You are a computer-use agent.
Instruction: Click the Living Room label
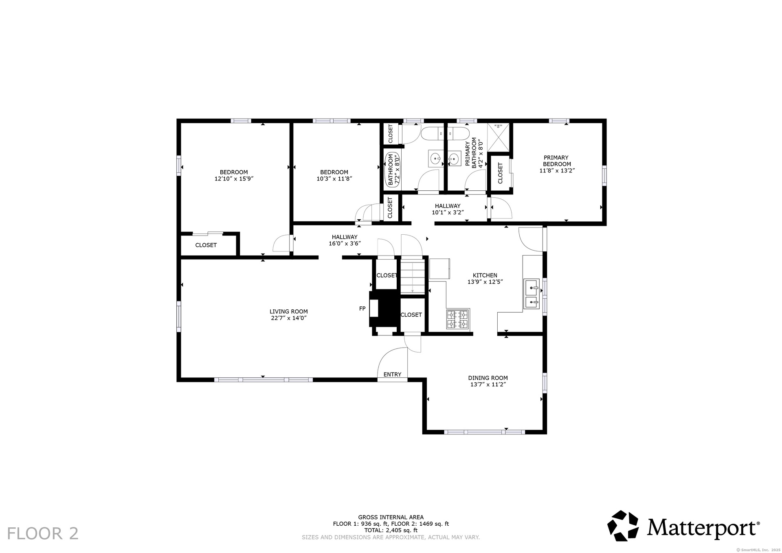pos(288,312)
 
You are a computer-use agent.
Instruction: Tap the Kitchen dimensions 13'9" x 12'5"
pos(485,282)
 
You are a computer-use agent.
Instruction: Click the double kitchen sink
pos(532,294)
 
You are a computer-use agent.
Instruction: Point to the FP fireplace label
pos(362,308)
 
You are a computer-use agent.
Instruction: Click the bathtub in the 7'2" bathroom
pos(393,169)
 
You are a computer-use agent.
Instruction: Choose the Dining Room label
pos(488,378)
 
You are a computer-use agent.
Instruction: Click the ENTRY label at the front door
pos(393,375)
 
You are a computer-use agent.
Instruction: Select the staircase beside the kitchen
pos(413,276)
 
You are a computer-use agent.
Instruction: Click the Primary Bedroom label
pos(556,161)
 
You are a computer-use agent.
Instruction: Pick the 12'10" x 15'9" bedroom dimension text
pos(234,178)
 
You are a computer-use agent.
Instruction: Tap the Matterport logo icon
pos(623,526)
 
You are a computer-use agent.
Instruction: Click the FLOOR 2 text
pos(43,533)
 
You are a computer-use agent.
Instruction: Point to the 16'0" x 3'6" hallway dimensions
pos(345,244)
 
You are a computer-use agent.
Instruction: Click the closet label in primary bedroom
pos(501,173)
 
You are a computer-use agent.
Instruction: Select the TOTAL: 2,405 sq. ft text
pos(391,530)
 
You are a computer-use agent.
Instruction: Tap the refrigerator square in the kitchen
pos(439,269)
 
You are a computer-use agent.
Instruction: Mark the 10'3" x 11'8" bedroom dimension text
pos(334,178)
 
